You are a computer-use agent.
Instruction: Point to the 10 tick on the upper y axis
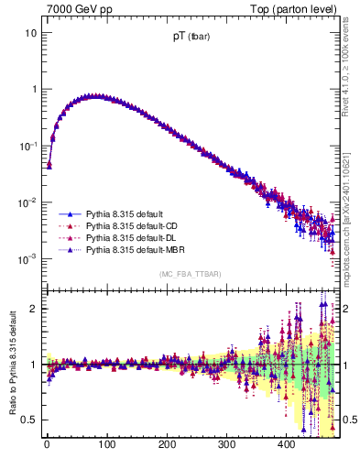tap(30, 33)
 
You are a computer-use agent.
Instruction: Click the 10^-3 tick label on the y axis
tap(27, 259)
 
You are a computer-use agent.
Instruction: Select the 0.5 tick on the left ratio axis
tap(27, 420)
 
